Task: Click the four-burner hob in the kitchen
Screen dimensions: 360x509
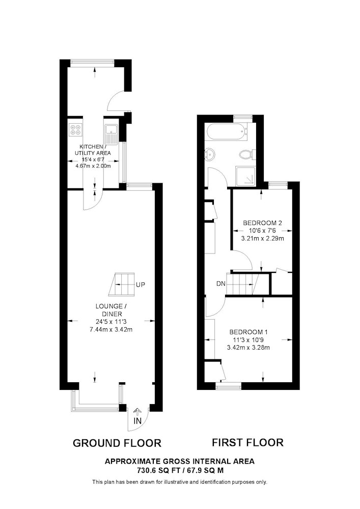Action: point(76,130)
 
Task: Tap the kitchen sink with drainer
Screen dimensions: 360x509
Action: point(112,134)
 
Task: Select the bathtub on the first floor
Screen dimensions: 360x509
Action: point(226,132)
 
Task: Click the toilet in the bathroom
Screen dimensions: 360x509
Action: point(247,154)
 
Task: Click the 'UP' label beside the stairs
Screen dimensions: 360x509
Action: point(140,285)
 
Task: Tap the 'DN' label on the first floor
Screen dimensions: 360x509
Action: point(221,284)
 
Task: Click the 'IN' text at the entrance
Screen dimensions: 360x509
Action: point(137,421)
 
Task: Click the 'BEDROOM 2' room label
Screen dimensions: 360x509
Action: point(263,223)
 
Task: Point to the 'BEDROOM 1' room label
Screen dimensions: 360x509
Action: point(248,332)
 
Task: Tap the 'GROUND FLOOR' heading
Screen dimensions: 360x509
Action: point(117,443)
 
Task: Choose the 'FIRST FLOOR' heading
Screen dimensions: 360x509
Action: point(247,442)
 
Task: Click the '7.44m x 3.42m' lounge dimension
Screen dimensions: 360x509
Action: point(111,329)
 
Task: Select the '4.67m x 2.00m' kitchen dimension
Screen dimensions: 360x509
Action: point(93,166)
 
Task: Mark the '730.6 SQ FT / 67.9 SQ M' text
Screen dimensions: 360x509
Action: point(180,470)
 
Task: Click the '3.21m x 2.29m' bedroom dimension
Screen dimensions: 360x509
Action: point(263,239)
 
